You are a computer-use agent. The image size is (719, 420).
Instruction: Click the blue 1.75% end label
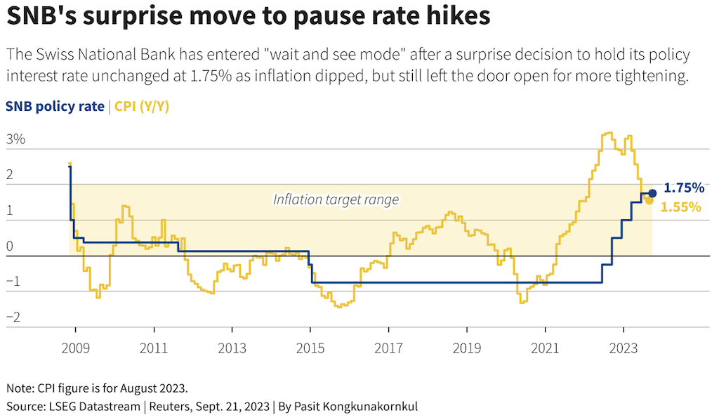point(683,188)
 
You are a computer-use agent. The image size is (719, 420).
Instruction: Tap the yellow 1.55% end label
point(681,207)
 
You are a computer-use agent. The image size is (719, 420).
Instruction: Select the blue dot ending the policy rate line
point(652,193)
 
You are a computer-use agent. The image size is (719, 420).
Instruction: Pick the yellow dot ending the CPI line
point(649,201)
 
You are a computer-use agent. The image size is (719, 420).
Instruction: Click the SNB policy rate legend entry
point(55,107)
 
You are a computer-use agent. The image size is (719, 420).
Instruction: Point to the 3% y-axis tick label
point(15,139)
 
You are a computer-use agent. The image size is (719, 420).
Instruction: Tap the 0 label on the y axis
point(11,246)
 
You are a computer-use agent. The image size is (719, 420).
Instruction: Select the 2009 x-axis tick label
point(75,348)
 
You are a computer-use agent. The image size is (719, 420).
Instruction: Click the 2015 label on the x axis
point(310,348)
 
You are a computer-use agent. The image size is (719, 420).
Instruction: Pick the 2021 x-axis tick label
point(545,348)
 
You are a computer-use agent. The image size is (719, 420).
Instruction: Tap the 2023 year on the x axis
point(623,348)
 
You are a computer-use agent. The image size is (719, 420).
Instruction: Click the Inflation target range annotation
point(336,199)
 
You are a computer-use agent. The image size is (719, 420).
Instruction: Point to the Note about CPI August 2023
point(96,388)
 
